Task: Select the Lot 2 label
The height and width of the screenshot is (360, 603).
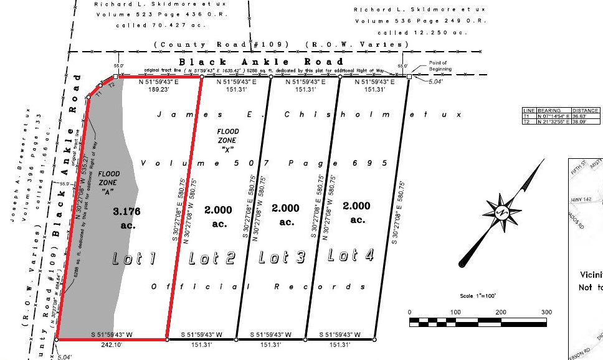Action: tap(211, 257)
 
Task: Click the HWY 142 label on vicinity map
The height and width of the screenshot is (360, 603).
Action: tap(581, 200)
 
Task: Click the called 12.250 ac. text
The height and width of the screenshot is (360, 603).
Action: tap(419, 32)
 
